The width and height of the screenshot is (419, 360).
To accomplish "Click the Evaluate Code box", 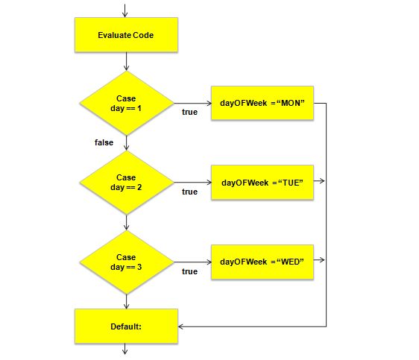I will pyautogui.click(x=126, y=35).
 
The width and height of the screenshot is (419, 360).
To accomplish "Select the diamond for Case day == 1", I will pyautogui.click(x=126, y=104).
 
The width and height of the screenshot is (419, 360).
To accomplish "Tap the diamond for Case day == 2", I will pyautogui.click(x=126, y=183).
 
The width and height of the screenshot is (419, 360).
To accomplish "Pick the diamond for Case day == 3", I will pyautogui.click(x=126, y=262).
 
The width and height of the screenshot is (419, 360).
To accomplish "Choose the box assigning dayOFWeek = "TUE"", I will pyautogui.click(x=262, y=182).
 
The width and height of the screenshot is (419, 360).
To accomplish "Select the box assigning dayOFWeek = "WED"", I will pyautogui.click(x=262, y=262).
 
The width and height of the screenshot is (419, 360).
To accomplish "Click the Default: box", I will pyautogui.click(x=126, y=326).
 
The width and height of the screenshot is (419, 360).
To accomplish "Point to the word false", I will pyautogui.click(x=104, y=142).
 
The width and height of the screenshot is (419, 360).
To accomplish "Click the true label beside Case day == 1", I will pyautogui.click(x=190, y=113).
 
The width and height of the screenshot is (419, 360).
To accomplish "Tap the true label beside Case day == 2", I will pyautogui.click(x=190, y=192).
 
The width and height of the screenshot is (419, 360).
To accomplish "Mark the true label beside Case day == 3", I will pyautogui.click(x=190, y=271).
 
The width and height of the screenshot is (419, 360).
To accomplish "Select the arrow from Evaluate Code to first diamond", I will pyautogui.click(x=126, y=61).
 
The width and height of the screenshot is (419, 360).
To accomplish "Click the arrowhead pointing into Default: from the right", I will pyautogui.click(x=183, y=326).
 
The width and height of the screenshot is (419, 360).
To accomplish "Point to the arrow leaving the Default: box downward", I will pyautogui.click(x=126, y=350).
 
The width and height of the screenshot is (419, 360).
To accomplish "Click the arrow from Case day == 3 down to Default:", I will pyautogui.click(x=126, y=300).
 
